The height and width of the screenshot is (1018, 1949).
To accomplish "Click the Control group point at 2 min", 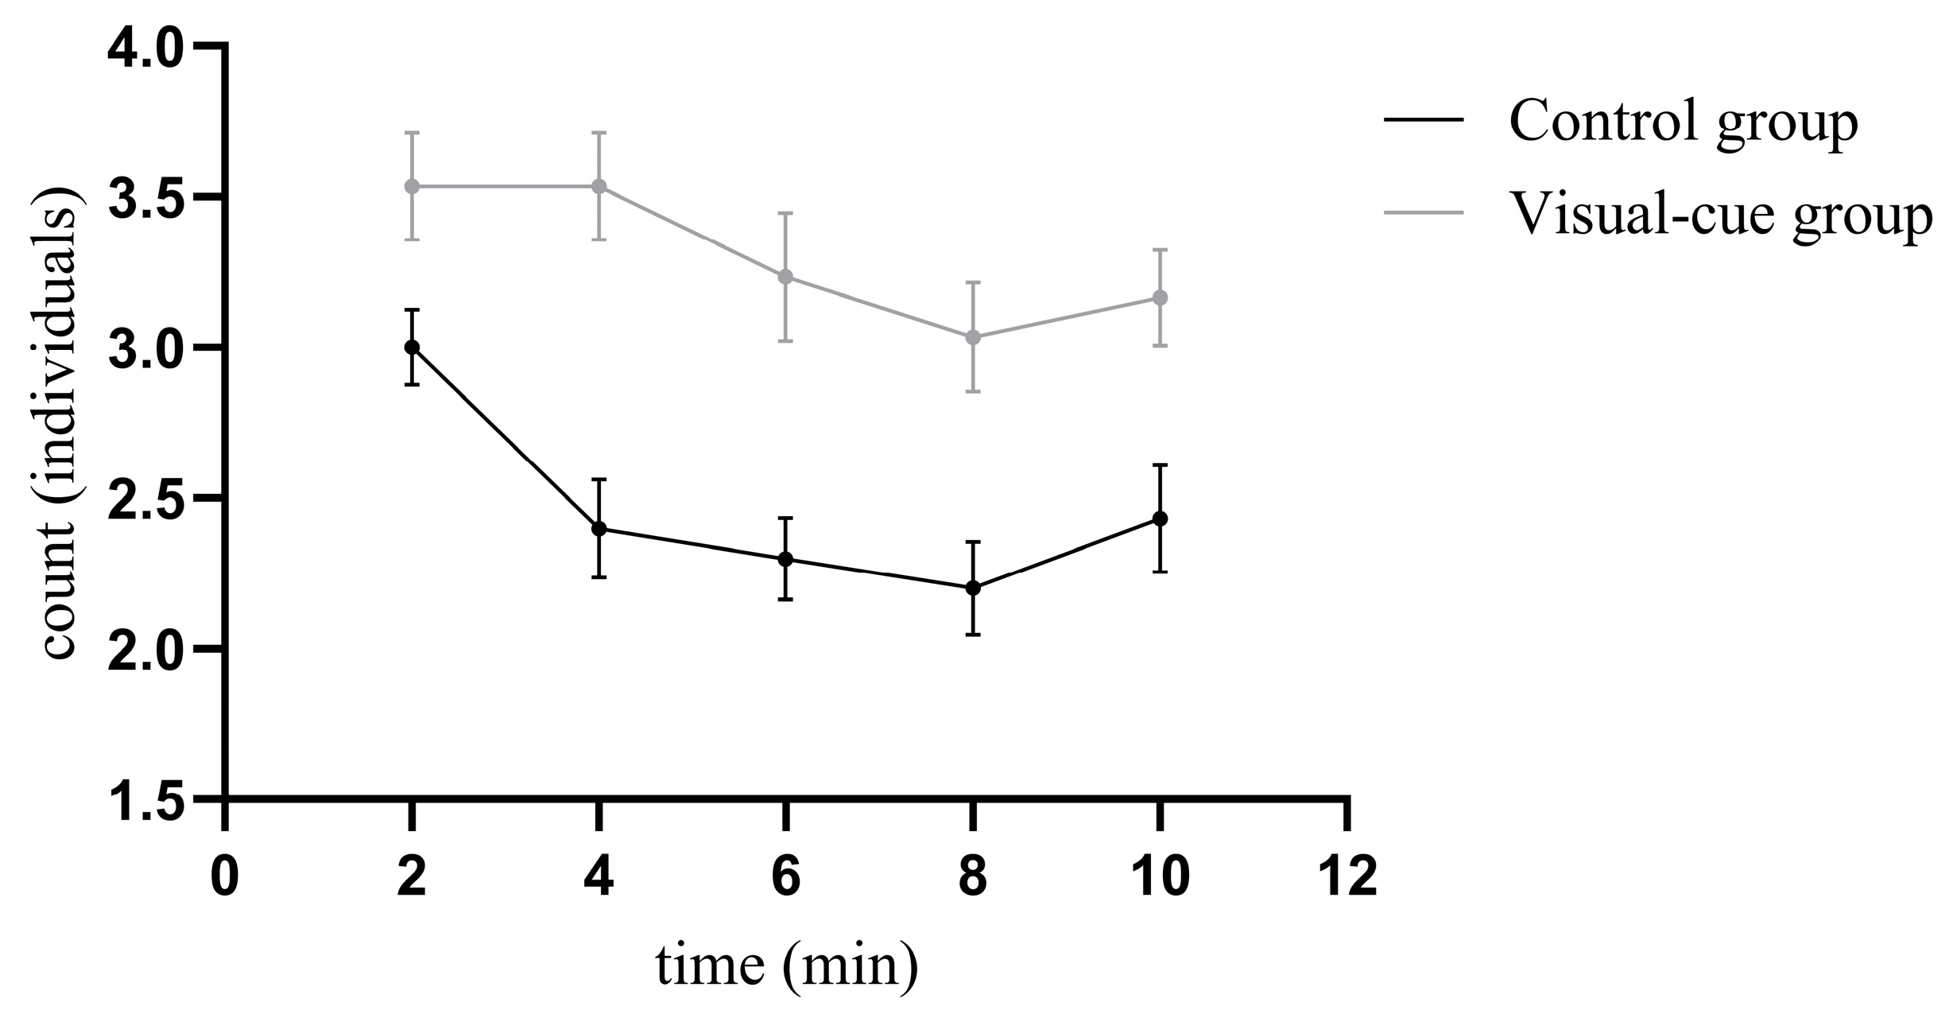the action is click(412, 347).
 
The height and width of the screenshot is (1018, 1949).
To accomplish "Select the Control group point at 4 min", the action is click(599, 529).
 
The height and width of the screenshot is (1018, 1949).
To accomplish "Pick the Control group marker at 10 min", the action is click(1160, 519).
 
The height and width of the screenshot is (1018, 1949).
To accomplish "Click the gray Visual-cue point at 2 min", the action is click(412, 186).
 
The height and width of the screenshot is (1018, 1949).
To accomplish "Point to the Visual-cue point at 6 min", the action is click(785, 277).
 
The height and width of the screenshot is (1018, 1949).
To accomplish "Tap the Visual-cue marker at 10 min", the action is click(1160, 297).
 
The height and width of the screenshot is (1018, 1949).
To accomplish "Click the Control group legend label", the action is click(1684, 123).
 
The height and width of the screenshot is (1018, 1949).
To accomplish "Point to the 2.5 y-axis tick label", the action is click(145, 498).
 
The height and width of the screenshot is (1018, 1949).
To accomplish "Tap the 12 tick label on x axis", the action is click(1346, 876).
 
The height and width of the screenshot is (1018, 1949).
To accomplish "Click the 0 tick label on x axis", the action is click(226, 876).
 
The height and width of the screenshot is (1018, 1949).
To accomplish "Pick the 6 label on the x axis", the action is click(785, 876).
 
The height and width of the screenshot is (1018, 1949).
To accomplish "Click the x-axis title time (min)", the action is click(786, 967).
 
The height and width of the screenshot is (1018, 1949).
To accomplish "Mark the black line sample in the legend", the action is click(1424, 120).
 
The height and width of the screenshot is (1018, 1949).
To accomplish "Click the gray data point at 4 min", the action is click(599, 186).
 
